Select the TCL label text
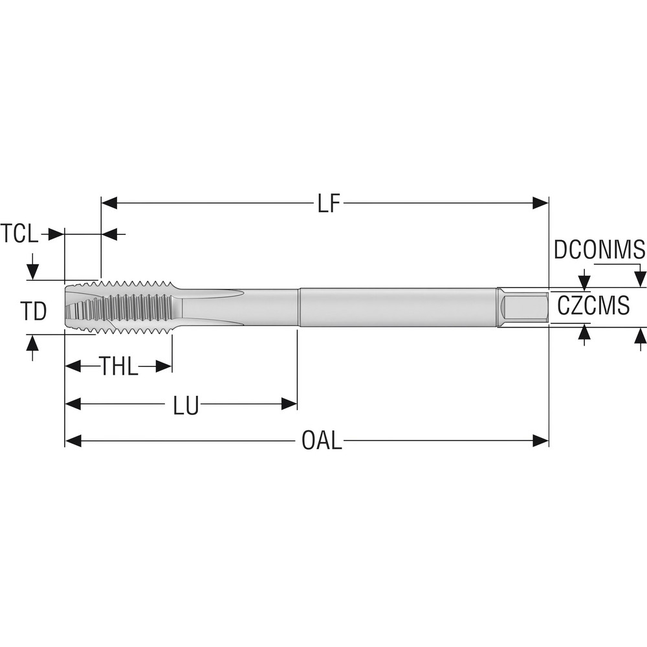pos(19,234)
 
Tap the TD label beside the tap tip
pos(32,312)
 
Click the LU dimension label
pos(186,406)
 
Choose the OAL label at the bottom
pos(322,441)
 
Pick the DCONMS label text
pos(599,250)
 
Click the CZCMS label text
pos(593,305)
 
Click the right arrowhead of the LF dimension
pos(540,204)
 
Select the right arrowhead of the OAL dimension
pos(540,441)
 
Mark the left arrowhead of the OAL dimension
pos(73,441)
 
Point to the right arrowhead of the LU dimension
pos(289,405)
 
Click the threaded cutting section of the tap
pos(136,307)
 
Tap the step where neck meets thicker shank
pos(298,307)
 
